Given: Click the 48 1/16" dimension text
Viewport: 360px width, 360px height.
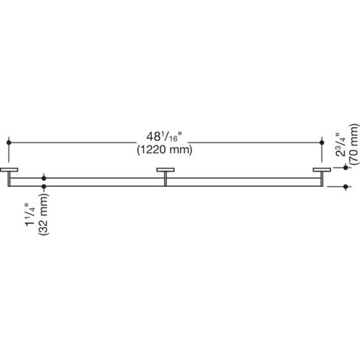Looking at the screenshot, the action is [x=165, y=137].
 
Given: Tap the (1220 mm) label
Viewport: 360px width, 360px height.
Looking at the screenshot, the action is [x=165, y=149].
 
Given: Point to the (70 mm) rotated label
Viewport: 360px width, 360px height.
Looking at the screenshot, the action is [x=354, y=145].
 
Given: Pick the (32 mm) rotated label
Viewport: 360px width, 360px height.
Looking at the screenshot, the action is [x=43, y=214].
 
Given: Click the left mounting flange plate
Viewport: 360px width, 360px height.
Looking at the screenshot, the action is [x=9, y=170].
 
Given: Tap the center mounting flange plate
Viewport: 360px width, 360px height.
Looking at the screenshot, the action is [x=165, y=170].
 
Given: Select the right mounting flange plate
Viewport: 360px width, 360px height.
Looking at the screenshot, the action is [x=322, y=170].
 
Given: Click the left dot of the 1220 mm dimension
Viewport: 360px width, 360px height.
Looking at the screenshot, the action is [x=9, y=142].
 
